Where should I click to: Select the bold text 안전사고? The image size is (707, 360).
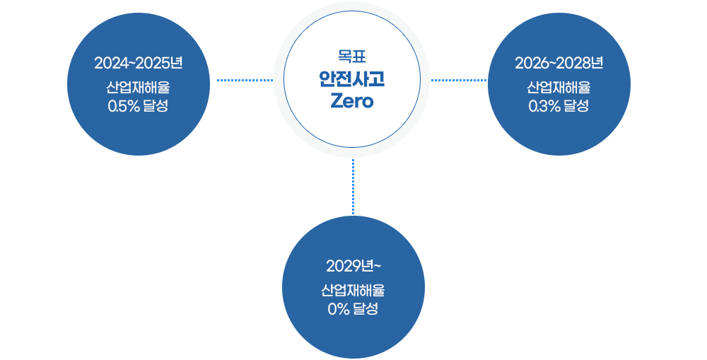click(x=352, y=78)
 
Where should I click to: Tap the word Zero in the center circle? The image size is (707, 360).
click(x=352, y=100)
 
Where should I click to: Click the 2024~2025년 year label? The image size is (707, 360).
click(x=139, y=63)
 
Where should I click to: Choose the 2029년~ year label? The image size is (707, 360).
click(x=353, y=266)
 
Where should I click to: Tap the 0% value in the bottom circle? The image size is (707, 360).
click(x=339, y=309)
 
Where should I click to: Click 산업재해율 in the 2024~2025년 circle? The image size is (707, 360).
click(x=139, y=89)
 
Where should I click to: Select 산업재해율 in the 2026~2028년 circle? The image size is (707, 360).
click(x=559, y=89)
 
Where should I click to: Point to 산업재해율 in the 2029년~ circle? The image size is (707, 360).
click(x=353, y=291)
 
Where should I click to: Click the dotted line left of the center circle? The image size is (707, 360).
click(x=245, y=80)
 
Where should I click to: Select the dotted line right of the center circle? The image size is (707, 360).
click(x=459, y=80)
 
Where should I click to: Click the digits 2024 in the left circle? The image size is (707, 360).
click(x=109, y=63)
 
